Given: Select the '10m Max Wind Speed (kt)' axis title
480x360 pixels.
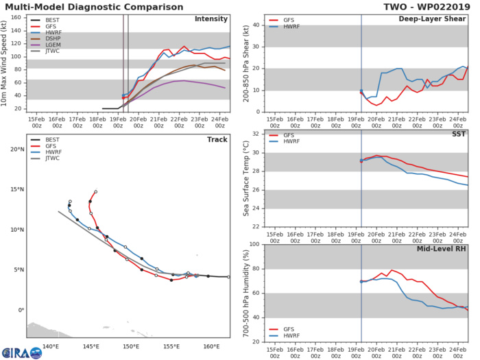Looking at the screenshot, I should pos(6,63).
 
